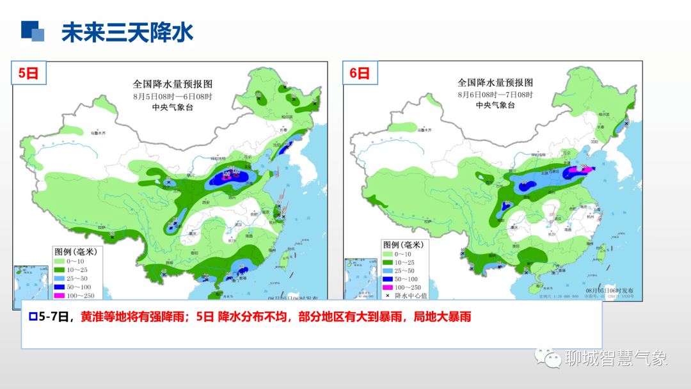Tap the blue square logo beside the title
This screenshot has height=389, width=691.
coord(33,31)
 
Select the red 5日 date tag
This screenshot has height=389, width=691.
coord(28,74)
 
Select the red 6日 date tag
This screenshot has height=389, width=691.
coord(360,74)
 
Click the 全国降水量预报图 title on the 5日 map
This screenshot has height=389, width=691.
coord(172,84)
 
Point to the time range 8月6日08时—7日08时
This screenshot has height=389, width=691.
coord(495,94)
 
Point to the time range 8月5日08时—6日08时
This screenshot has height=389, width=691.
coord(172,96)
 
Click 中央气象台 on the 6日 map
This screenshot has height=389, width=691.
coord(495,105)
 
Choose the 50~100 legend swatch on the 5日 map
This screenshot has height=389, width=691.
coord(60,287)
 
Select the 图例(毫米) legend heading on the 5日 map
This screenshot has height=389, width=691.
coord(76,251)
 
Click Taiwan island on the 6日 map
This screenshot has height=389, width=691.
coord(601,256)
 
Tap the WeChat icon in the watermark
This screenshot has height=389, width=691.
coord(548,358)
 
